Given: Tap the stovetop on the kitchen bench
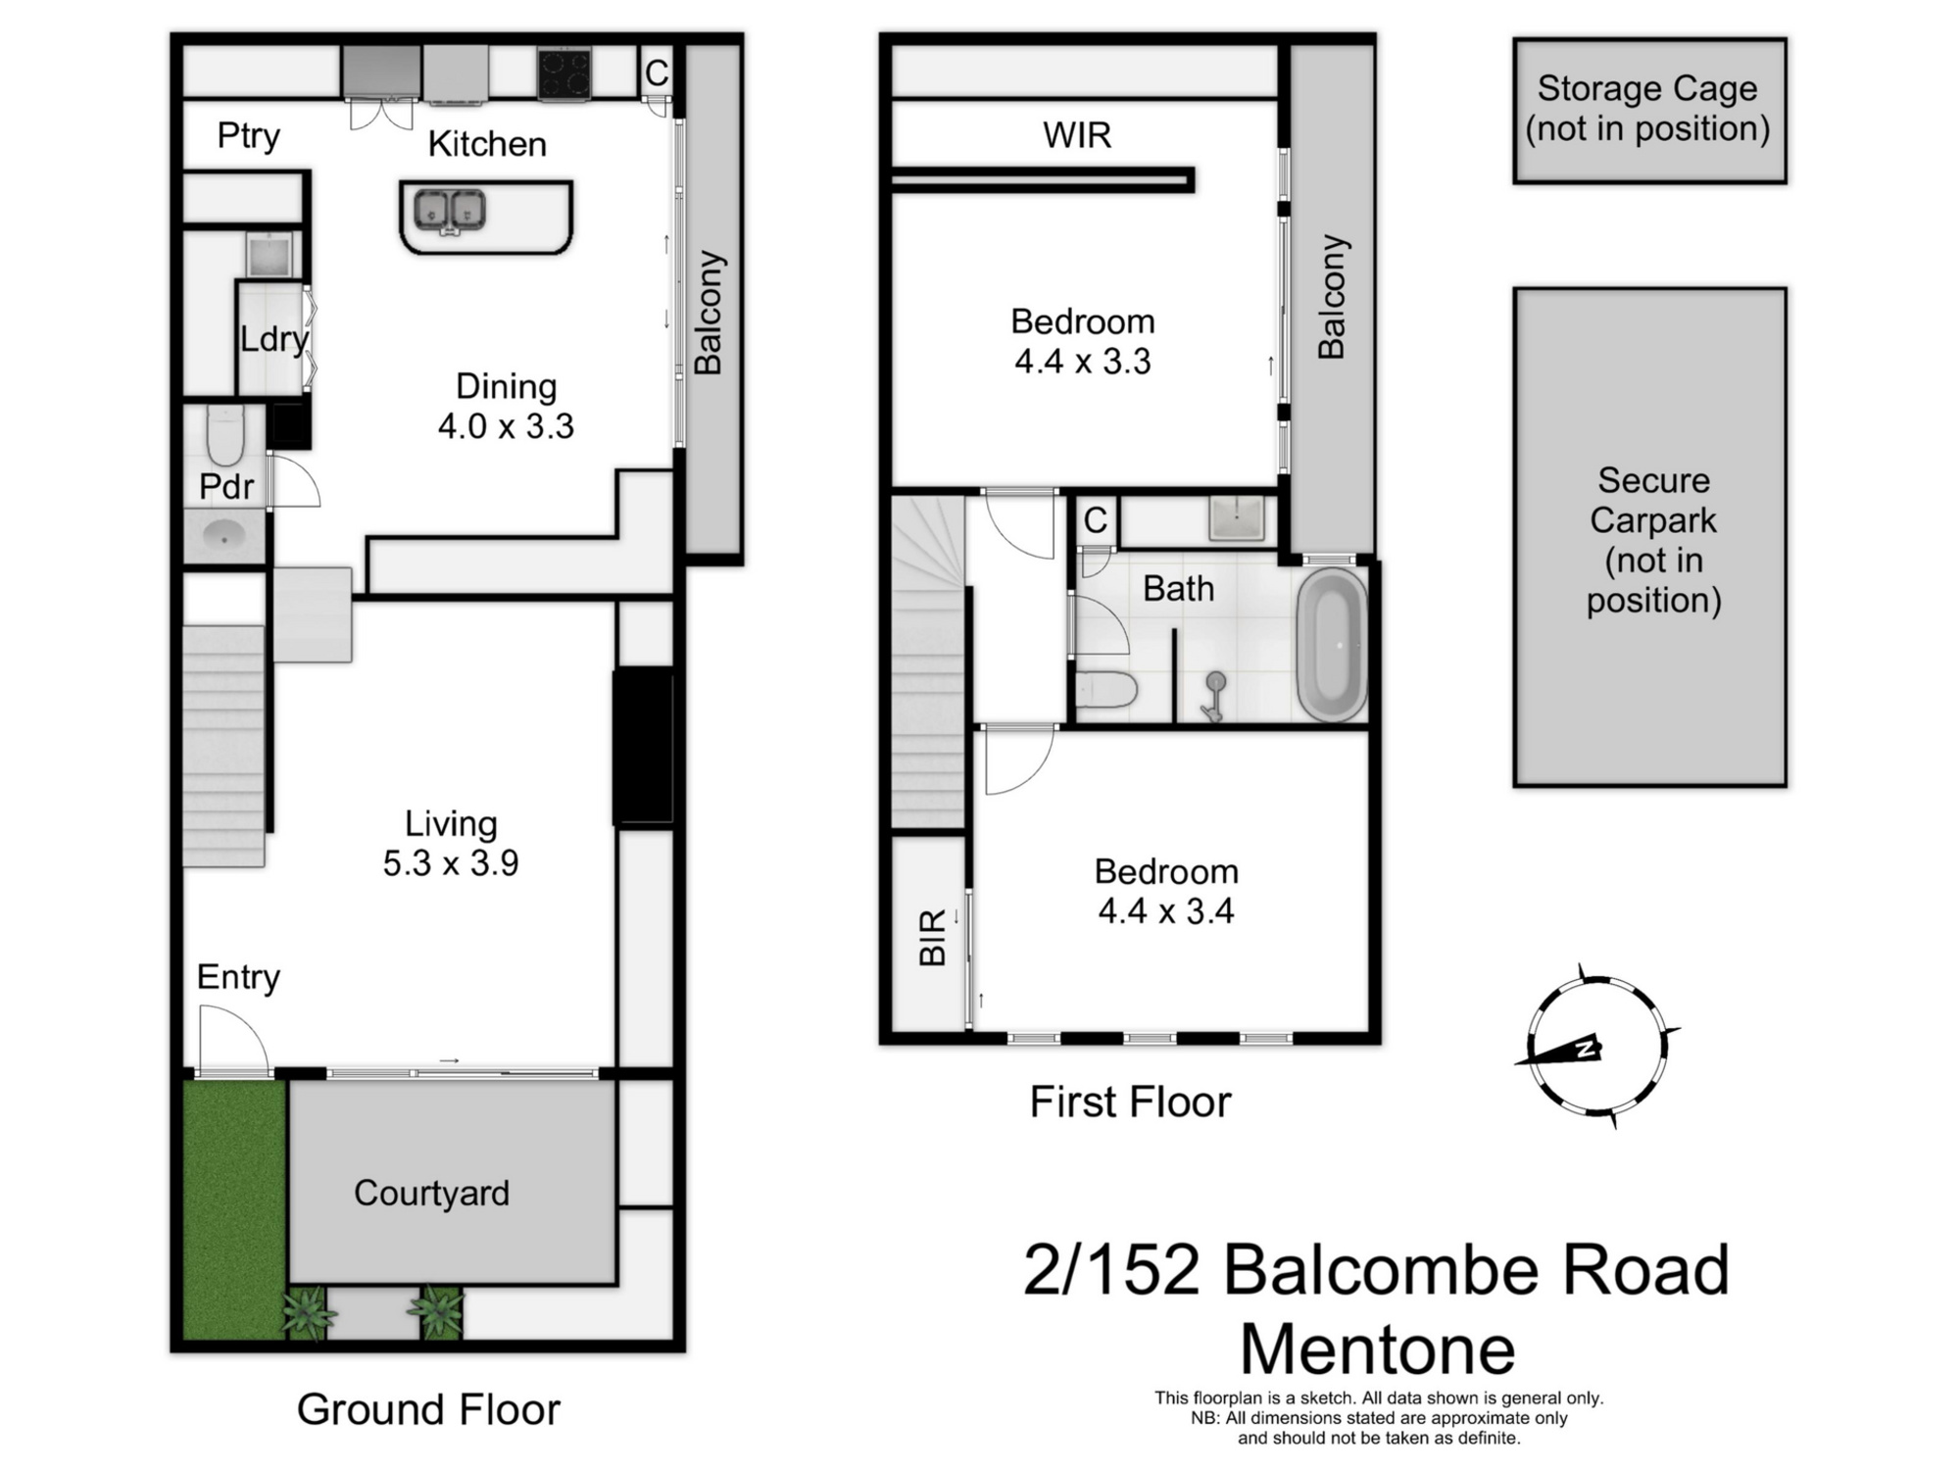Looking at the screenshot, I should (563, 73).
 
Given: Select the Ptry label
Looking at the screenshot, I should (248, 135).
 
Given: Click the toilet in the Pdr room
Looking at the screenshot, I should (224, 438).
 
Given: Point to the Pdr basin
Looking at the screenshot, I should (224, 537).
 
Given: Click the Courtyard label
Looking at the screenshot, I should (431, 1193).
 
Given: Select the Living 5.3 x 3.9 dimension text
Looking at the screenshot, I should (451, 863).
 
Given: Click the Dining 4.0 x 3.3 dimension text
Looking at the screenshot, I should (506, 426).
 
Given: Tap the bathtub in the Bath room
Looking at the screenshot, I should (1332, 644).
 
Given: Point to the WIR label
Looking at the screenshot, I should (1076, 135).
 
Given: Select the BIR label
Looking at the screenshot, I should (932, 937).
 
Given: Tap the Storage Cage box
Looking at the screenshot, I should (1648, 110).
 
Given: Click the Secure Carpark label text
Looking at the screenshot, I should (1652, 540).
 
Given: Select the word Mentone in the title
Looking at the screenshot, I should (1377, 1349).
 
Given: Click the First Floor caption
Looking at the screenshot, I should (1129, 1102).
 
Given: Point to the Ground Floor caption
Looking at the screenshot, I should (428, 1409).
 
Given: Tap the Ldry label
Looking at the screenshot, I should (273, 339).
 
